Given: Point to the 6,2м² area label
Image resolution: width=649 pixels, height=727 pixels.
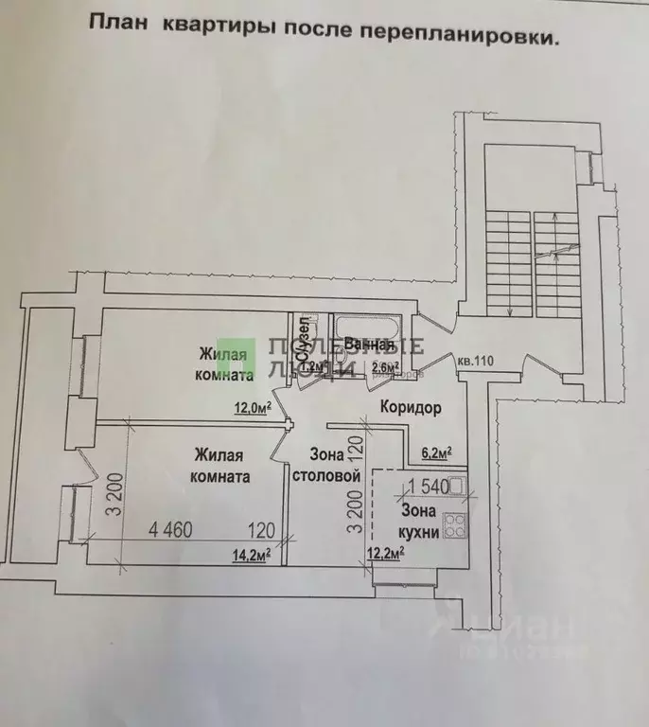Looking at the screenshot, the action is point(435,452).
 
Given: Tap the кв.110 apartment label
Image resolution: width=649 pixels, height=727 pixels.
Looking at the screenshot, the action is point(477,361).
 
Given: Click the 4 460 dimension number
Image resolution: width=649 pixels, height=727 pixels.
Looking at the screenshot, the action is point(170,530).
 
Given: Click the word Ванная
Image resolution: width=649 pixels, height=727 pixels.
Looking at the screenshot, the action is point(370,344).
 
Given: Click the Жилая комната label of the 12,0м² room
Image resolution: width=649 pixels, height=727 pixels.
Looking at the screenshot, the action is point(225,363).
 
